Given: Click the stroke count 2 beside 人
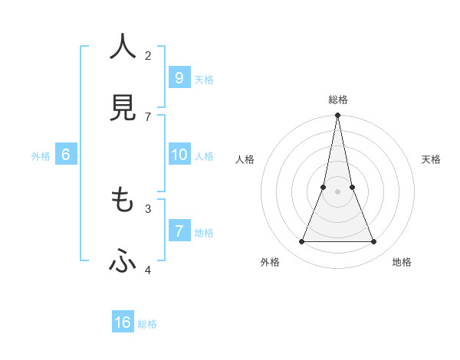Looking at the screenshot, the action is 148,55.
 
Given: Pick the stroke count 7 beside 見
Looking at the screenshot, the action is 148,116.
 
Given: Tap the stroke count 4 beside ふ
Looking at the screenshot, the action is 148,270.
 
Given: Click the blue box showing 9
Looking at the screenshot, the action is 179,77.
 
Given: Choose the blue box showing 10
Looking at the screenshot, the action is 179,155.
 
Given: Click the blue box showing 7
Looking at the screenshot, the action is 179,231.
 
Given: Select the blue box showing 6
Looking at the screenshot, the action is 66,155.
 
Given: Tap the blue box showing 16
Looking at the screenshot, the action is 123,322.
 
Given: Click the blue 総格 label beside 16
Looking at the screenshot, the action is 147,324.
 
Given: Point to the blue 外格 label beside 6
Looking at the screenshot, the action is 41,156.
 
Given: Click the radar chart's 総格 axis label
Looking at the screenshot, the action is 338,100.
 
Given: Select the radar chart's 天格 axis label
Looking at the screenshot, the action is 431,159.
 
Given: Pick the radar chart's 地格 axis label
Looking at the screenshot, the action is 402,262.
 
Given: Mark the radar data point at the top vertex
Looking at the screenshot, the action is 337,116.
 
